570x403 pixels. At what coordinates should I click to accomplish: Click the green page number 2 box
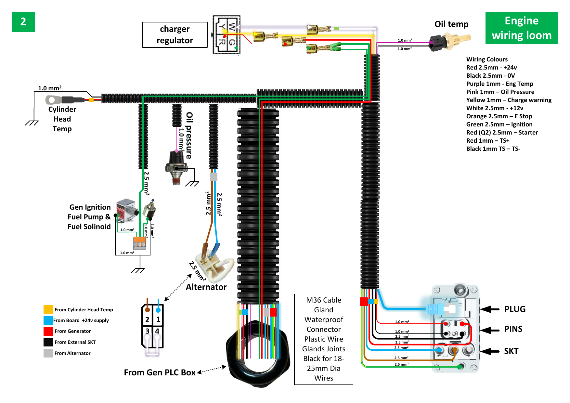(23, 22)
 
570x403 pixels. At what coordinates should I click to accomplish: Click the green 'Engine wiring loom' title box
(521, 28)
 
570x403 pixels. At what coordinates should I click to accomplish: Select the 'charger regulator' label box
(175, 35)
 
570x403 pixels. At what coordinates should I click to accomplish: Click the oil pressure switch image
(176, 167)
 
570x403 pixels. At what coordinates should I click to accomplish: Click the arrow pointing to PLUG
(490, 309)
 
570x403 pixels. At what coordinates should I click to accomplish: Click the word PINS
(513, 329)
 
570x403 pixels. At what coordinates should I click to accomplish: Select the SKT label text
(511, 351)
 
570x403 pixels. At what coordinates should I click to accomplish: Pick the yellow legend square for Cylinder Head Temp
(48, 309)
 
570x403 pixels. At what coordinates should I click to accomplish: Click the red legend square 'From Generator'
(48, 331)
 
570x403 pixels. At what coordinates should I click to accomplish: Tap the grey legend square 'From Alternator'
(48, 353)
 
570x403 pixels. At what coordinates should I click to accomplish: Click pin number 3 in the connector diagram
(147, 331)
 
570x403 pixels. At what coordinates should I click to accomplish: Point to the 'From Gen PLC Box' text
(160, 372)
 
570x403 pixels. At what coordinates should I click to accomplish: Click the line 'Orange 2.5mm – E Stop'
(499, 116)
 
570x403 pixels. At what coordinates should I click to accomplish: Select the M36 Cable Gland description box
(323, 339)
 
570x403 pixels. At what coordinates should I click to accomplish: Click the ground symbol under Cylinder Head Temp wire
(32, 123)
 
